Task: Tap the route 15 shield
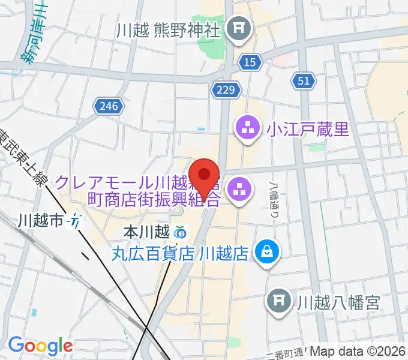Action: [249, 61]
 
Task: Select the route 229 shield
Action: [226, 90]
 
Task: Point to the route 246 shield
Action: [109, 107]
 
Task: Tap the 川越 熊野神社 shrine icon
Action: [241, 29]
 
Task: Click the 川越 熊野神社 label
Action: [170, 29]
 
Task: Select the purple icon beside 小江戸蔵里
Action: [247, 128]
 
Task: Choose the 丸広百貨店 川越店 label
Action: [180, 253]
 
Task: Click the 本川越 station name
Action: [146, 231]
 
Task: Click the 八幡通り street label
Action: [274, 201]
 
